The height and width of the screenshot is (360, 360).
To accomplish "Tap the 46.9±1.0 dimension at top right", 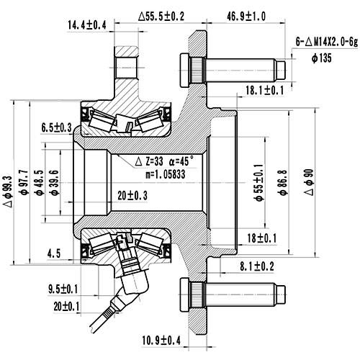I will (247, 15).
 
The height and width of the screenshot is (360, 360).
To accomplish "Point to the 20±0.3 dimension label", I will (132, 195).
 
